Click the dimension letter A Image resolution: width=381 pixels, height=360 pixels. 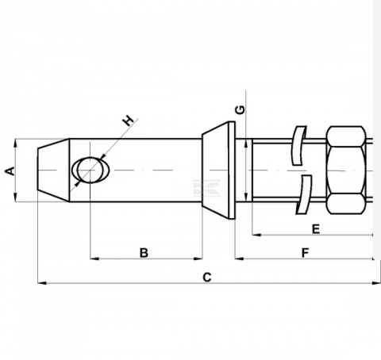pyautogui.click(x=9, y=170)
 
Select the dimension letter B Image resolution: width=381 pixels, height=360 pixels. pyautogui.click(x=144, y=252)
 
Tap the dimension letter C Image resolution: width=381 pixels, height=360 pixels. pyautogui.click(x=206, y=277)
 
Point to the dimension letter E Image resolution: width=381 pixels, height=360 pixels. pyautogui.click(x=315, y=229)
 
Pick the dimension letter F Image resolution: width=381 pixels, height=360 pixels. pyautogui.click(x=305, y=252)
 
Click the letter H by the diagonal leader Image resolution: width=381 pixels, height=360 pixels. pyautogui.click(x=127, y=121)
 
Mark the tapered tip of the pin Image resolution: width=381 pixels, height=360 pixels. pyautogui.click(x=52, y=170)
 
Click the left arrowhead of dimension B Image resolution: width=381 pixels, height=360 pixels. pyautogui.click(x=94, y=259)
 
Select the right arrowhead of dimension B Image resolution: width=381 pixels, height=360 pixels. pyautogui.click(x=199, y=259)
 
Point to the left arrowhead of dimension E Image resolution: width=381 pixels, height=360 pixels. pyautogui.click(x=256, y=235)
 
